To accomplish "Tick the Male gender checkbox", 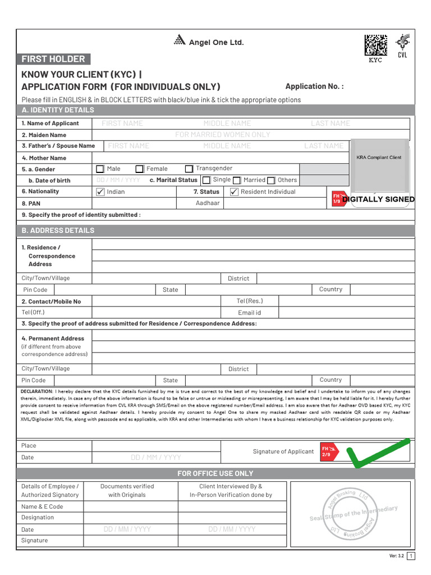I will pos(100,169).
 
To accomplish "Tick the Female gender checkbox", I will pos(139,169).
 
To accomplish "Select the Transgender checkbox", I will pos(189,169).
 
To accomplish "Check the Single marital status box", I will pos(207,180).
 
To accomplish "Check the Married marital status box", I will pos(237,180).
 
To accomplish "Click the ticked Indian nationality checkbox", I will pos(100,192).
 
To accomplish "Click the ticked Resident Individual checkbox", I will pos(234,192).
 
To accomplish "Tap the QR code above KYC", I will pos(375,45).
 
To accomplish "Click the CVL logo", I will pos(402,45).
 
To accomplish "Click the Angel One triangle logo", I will pos(180,40).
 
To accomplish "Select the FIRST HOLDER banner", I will pos(53,59).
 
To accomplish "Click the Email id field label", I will pos(249,313).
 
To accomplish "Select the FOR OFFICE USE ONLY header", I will pos(215,473).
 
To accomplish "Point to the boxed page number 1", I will pos(411,556).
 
